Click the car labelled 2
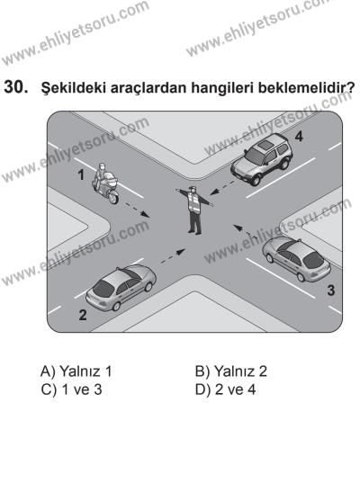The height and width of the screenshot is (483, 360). (x=115, y=291)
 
